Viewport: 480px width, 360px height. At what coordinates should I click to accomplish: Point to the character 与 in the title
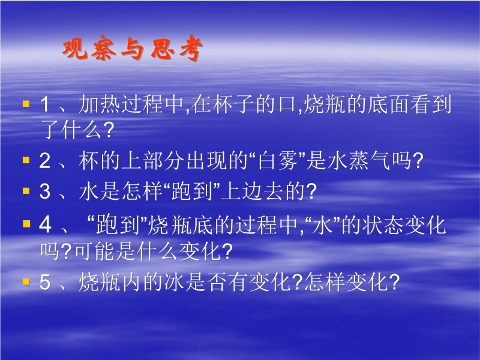[133, 49]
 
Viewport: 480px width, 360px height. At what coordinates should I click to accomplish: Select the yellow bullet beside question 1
[26, 104]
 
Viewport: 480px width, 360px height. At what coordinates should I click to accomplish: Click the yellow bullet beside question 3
[26, 191]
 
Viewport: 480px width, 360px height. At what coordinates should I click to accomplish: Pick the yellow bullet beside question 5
[26, 281]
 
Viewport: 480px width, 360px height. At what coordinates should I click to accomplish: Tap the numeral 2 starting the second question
[44, 161]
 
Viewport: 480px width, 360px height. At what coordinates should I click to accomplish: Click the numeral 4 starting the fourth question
[45, 225]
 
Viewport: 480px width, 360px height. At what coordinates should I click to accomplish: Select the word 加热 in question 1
[100, 104]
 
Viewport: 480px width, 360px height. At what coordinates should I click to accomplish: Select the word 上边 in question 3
[242, 191]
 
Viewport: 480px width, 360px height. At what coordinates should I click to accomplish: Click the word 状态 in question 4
[383, 226]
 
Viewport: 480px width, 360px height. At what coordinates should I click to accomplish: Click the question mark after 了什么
[109, 130]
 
